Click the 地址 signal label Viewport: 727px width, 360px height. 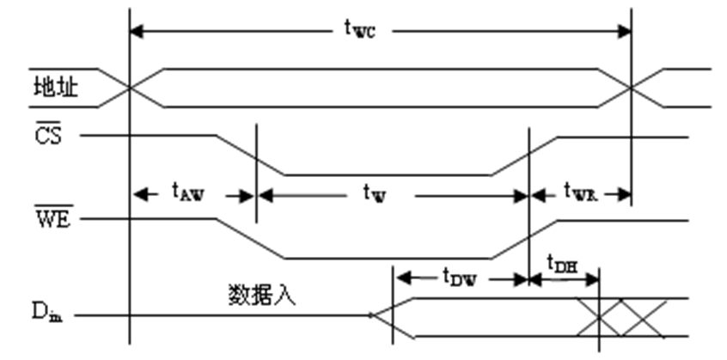(x=55, y=88)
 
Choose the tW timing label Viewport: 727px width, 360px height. (x=376, y=195)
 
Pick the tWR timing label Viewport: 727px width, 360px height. (x=580, y=194)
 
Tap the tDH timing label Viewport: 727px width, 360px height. (x=563, y=264)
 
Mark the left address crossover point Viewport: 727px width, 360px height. (x=129, y=88)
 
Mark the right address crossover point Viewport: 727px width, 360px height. (x=632, y=88)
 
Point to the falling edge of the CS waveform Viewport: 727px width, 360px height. (x=250, y=155)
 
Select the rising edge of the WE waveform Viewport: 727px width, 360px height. (x=525, y=238)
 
